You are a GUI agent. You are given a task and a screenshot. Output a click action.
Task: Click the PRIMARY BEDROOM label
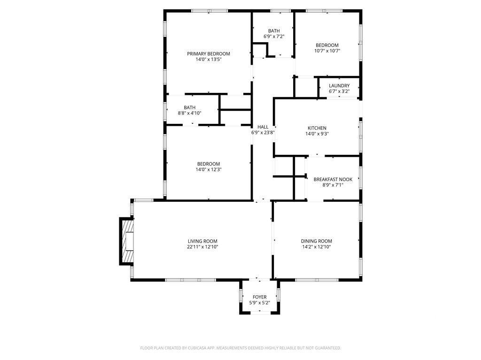208,54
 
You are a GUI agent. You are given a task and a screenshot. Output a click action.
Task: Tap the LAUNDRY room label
339,85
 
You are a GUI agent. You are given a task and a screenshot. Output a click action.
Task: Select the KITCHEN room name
317,128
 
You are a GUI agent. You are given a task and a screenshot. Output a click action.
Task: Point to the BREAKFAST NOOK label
333,179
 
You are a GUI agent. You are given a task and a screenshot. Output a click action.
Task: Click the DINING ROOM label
316,241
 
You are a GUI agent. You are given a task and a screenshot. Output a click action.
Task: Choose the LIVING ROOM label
202,241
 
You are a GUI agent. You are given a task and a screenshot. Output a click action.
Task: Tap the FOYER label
259,297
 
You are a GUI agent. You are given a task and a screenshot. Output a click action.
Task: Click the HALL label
263,127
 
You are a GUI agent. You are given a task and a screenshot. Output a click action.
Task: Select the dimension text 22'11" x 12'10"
202,246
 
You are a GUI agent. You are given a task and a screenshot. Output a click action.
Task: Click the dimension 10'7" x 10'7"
327,51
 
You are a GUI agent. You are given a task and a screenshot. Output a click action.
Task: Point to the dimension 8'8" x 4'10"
190,113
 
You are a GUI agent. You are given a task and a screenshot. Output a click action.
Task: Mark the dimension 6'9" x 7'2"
274,36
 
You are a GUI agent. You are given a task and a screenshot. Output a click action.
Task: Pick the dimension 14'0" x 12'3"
209,169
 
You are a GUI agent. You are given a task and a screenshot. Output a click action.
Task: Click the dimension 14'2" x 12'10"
316,246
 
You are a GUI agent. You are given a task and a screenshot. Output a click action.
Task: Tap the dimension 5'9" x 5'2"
259,303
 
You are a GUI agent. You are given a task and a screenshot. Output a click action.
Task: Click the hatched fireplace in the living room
127,241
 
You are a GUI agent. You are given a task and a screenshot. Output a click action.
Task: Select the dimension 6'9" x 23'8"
263,132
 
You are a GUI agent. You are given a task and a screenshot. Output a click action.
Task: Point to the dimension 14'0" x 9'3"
317,133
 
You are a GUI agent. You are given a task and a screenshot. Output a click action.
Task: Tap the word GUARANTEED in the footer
328,348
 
